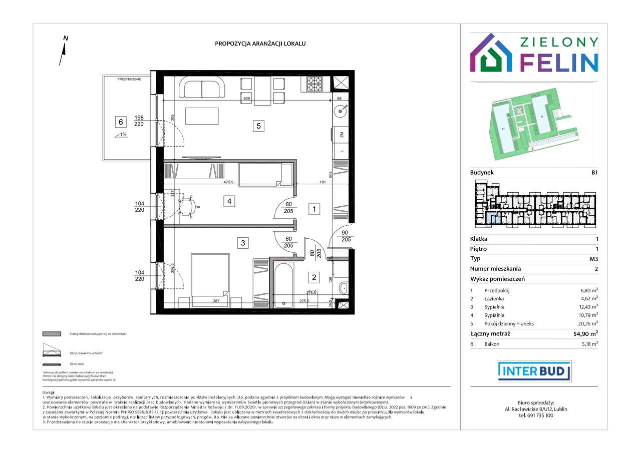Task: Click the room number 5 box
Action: click(258, 126)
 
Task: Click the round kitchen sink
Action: click(342, 111)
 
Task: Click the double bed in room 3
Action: click(210, 280)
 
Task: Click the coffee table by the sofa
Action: click(202, 116)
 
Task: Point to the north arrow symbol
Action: click(64, 50)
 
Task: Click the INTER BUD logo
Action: click(534, 371)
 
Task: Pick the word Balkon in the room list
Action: click(491, 344)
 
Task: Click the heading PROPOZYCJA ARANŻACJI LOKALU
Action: click(260, 44)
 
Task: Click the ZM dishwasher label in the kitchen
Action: click(342, 135)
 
